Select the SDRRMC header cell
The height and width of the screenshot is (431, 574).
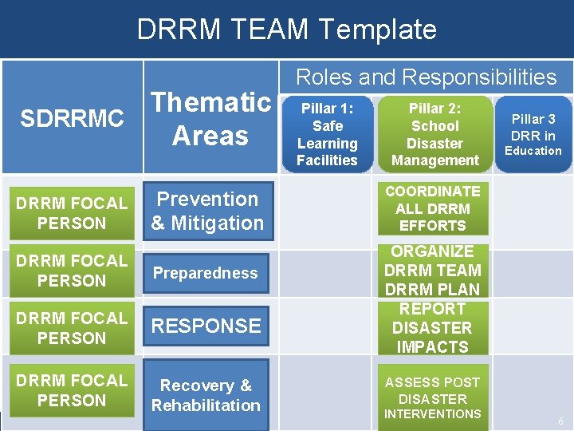click(x=72, y=119)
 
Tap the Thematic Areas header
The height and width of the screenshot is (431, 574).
click(x=211, y=119)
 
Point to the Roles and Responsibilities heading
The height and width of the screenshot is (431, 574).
click(x=426, y=77)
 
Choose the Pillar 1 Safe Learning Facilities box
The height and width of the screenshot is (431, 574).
click(x=327, y=134)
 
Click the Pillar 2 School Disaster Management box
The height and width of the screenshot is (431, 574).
click(x=434, y=134)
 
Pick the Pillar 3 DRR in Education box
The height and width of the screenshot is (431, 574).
click(x=533, y=134)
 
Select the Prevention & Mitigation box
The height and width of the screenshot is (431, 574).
click(x=207, y=212)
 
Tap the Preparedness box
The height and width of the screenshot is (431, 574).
click(x=206, y=273)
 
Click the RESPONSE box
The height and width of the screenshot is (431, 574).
click(x=206, y=326)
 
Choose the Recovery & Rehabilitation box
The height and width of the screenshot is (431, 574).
click(x=206, y=395)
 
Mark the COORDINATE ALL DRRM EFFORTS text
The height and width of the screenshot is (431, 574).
click(x=433, y=208)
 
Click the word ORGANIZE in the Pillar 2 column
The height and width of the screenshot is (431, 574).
click(x=433, y=251)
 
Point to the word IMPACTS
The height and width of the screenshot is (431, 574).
click(x=433, y=347)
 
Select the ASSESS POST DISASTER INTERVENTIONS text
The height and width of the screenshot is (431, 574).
click(x=433, y=398)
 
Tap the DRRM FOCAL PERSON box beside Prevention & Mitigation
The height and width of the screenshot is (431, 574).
click(x=72, y=213)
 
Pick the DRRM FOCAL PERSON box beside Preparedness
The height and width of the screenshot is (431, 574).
click(x=72, y=271)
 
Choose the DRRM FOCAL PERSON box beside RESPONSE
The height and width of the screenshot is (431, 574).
click(x=72, y=328)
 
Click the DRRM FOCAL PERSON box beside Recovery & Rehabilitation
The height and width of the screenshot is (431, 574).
click(x=72, y=390)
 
